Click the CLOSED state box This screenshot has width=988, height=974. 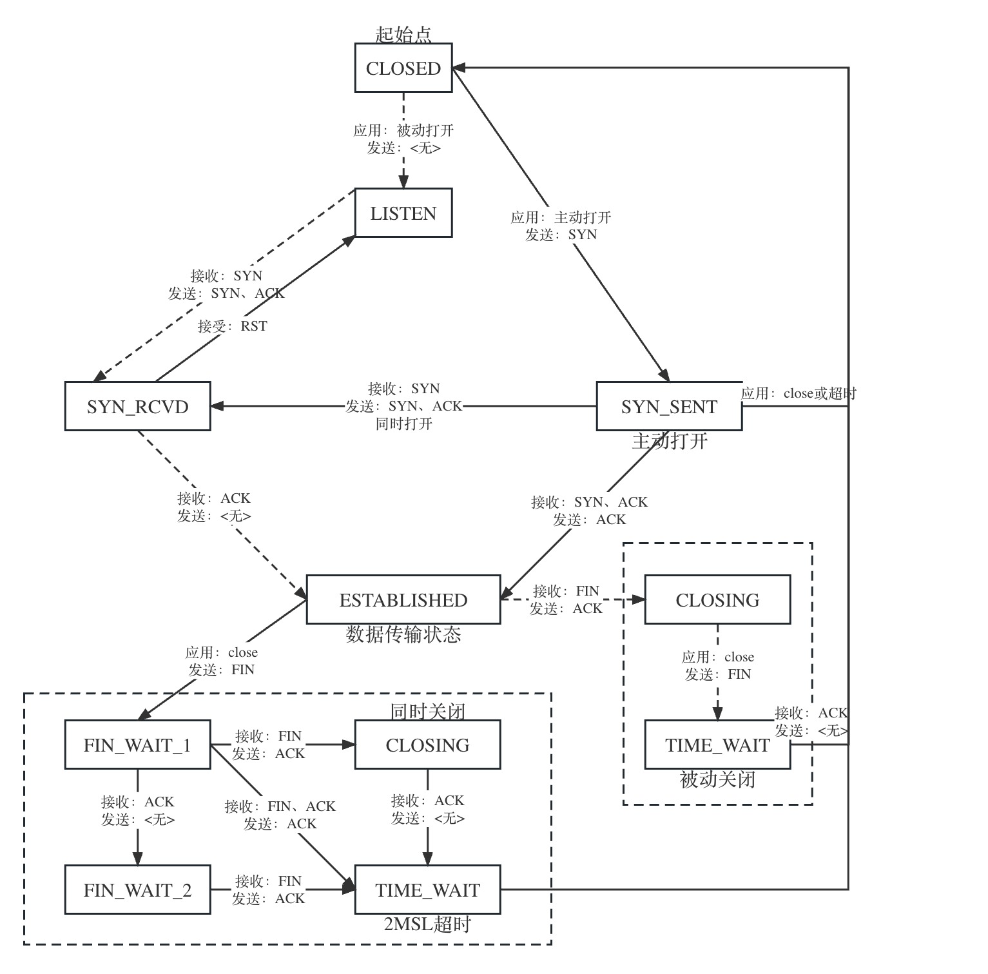tap(403, 68)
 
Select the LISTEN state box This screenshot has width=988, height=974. tap(403, 213)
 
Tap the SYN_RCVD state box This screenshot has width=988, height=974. tap(137, 407)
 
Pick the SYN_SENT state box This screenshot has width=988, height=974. tap(669, 407)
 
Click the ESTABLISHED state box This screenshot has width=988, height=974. tap(403, 600)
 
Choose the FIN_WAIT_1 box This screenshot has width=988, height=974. tap(137, 745)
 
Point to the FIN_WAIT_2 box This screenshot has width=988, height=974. tap(137, 890)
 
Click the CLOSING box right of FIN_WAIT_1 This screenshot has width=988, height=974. tap(427, 745)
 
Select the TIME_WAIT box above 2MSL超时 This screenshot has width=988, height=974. tap(427, 890)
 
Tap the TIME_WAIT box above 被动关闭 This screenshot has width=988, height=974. tap(717, 745)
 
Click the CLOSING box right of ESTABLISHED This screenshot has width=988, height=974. tap(717, 600)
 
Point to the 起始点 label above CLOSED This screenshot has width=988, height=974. tap(403, 34)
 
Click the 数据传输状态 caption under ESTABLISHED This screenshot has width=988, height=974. tap(403, 634)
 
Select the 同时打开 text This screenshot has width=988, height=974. tap(404, 424)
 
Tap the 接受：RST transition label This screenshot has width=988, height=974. tap(232, 326)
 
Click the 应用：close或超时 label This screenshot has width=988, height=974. tap(799, 393)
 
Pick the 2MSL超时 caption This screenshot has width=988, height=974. tap(427, 924)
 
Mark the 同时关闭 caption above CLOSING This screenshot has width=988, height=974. tap(428, 712)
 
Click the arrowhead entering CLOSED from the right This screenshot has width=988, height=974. tap(458, 68)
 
